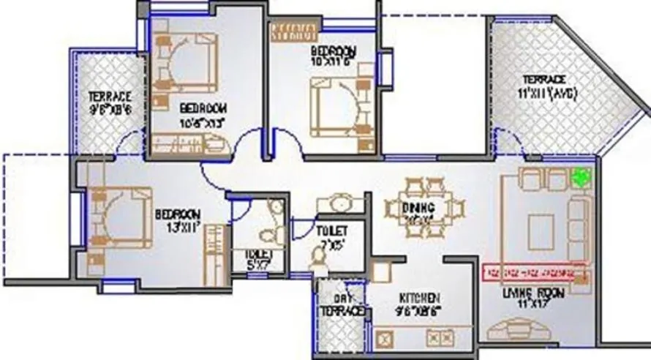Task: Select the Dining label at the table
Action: [418, 209]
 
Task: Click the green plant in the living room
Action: [582, 176]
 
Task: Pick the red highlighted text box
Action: [536, 273]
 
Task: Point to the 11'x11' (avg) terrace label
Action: [549, 86]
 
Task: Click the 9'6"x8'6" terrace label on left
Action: [110, 103]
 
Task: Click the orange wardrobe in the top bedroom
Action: [295, 31]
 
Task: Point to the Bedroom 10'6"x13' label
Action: [202, 114]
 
